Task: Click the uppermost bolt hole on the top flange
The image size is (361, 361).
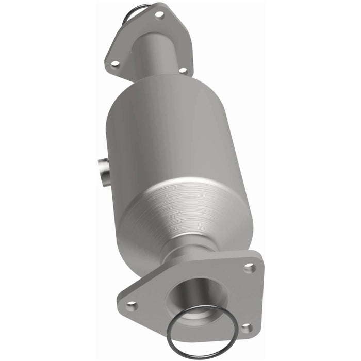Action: pos(159,15)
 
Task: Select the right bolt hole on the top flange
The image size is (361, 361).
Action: pos(182,70)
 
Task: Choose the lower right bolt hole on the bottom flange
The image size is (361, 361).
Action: pos(247,327)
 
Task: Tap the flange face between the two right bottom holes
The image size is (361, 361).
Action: pos(250,298)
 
